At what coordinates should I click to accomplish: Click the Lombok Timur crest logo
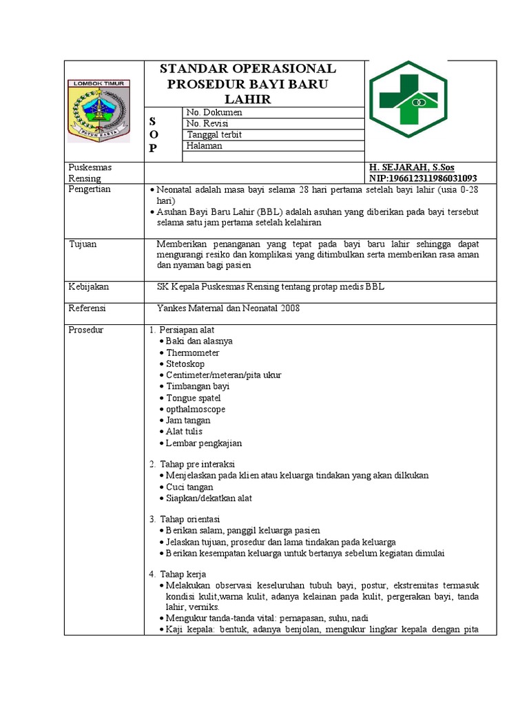(x=97, y=110)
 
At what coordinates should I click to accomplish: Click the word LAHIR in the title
(x=253, y=99)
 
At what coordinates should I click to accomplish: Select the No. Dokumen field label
(x=215, y=112)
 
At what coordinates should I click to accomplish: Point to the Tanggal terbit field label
(x=214, y=134)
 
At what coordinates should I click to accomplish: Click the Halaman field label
(x=205, y=145)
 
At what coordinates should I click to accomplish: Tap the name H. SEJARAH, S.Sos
(x=411, y=167)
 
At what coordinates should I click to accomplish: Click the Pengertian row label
(x=90, y=189)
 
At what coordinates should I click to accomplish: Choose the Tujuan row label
(x=82, y=244)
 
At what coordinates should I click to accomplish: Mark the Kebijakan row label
(x=88, y=286)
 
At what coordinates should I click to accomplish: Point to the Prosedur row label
(x=86, y=330)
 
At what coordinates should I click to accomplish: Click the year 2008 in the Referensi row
(x=289, y=308)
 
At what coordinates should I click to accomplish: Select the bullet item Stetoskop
(x=185, y=364)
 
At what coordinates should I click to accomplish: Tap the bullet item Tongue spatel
(x=193, y=398)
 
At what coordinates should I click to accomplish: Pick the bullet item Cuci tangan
(x=189, y=487)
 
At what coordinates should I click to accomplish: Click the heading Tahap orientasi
(x=189, y=518)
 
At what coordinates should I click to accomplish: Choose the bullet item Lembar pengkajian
(x=203, y=443)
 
